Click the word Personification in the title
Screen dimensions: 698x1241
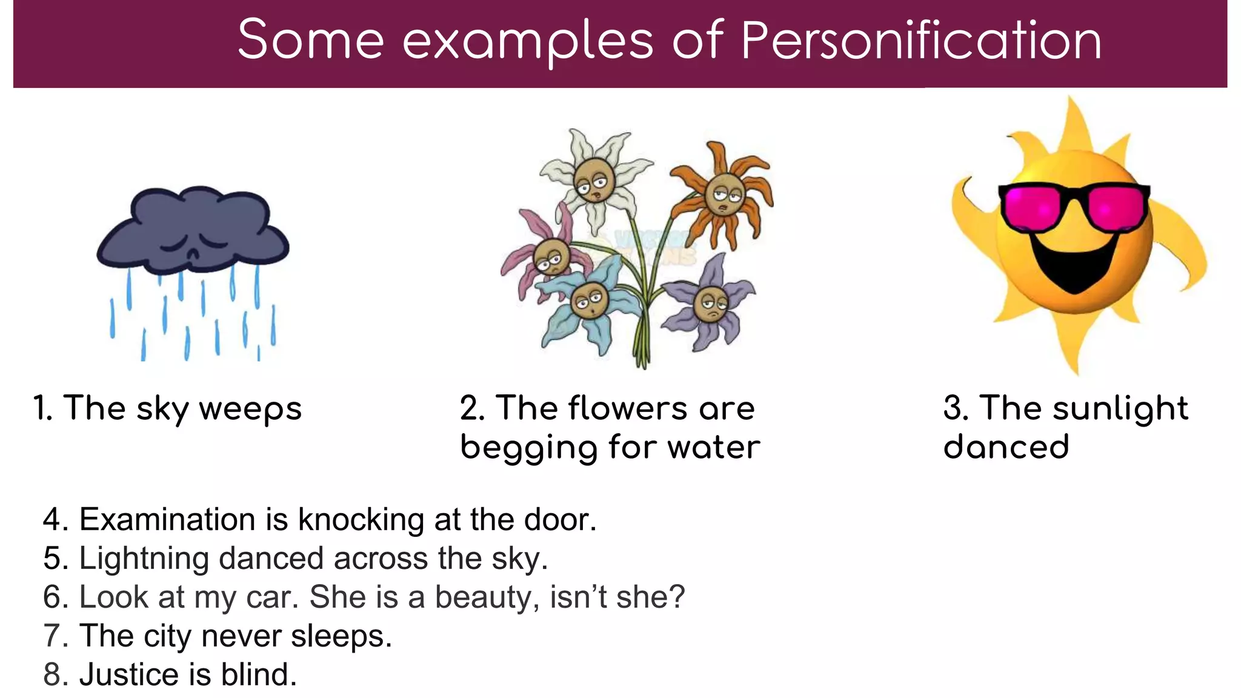[x=920, y=41]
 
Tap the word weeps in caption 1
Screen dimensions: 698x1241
[x=250, y=408]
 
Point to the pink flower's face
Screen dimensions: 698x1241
[x=551, y=258]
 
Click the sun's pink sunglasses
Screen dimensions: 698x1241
[x=1073, y=207]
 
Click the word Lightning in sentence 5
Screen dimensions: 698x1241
[x=144, y=559]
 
